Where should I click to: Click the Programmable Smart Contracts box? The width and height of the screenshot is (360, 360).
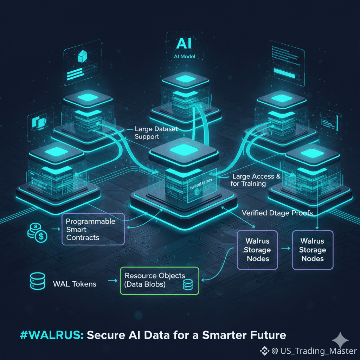[93, 229]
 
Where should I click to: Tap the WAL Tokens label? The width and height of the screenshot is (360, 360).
[74, 283]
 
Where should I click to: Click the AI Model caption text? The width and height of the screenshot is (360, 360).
[184, 57]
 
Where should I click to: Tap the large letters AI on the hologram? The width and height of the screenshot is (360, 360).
[184, 44]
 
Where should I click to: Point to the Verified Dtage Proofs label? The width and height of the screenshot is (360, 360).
[277, 213]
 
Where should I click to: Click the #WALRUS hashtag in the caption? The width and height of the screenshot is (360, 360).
[52, 335]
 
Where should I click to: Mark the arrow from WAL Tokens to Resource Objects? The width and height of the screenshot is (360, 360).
[112, 281]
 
